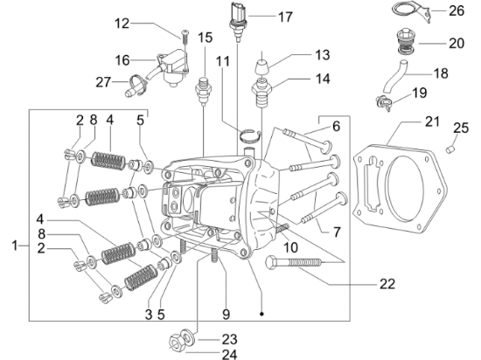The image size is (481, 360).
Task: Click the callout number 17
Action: coord(285,17)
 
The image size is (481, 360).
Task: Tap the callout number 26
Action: coord(457,10)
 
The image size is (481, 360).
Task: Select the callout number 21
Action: coord(432,121)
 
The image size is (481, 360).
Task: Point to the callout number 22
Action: coord(387,284)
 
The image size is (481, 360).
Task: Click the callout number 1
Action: coord(14,246)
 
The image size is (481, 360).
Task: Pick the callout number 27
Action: coord(103,82)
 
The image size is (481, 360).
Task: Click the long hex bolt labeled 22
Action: coord(294,262)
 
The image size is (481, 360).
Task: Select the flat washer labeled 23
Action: coord(188,336)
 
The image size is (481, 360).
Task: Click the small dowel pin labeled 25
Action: coord(450,149)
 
